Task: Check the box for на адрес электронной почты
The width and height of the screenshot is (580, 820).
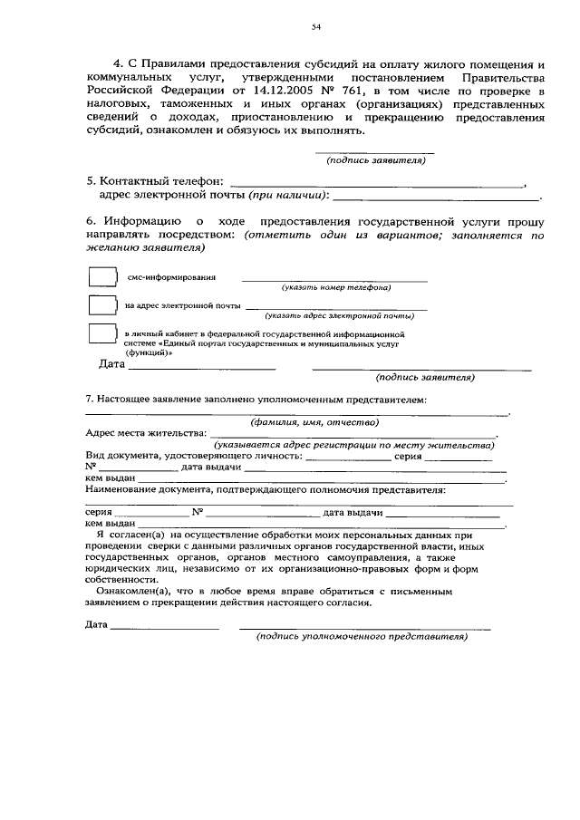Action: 103,305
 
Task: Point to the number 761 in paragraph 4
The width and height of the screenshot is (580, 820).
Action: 352,92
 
